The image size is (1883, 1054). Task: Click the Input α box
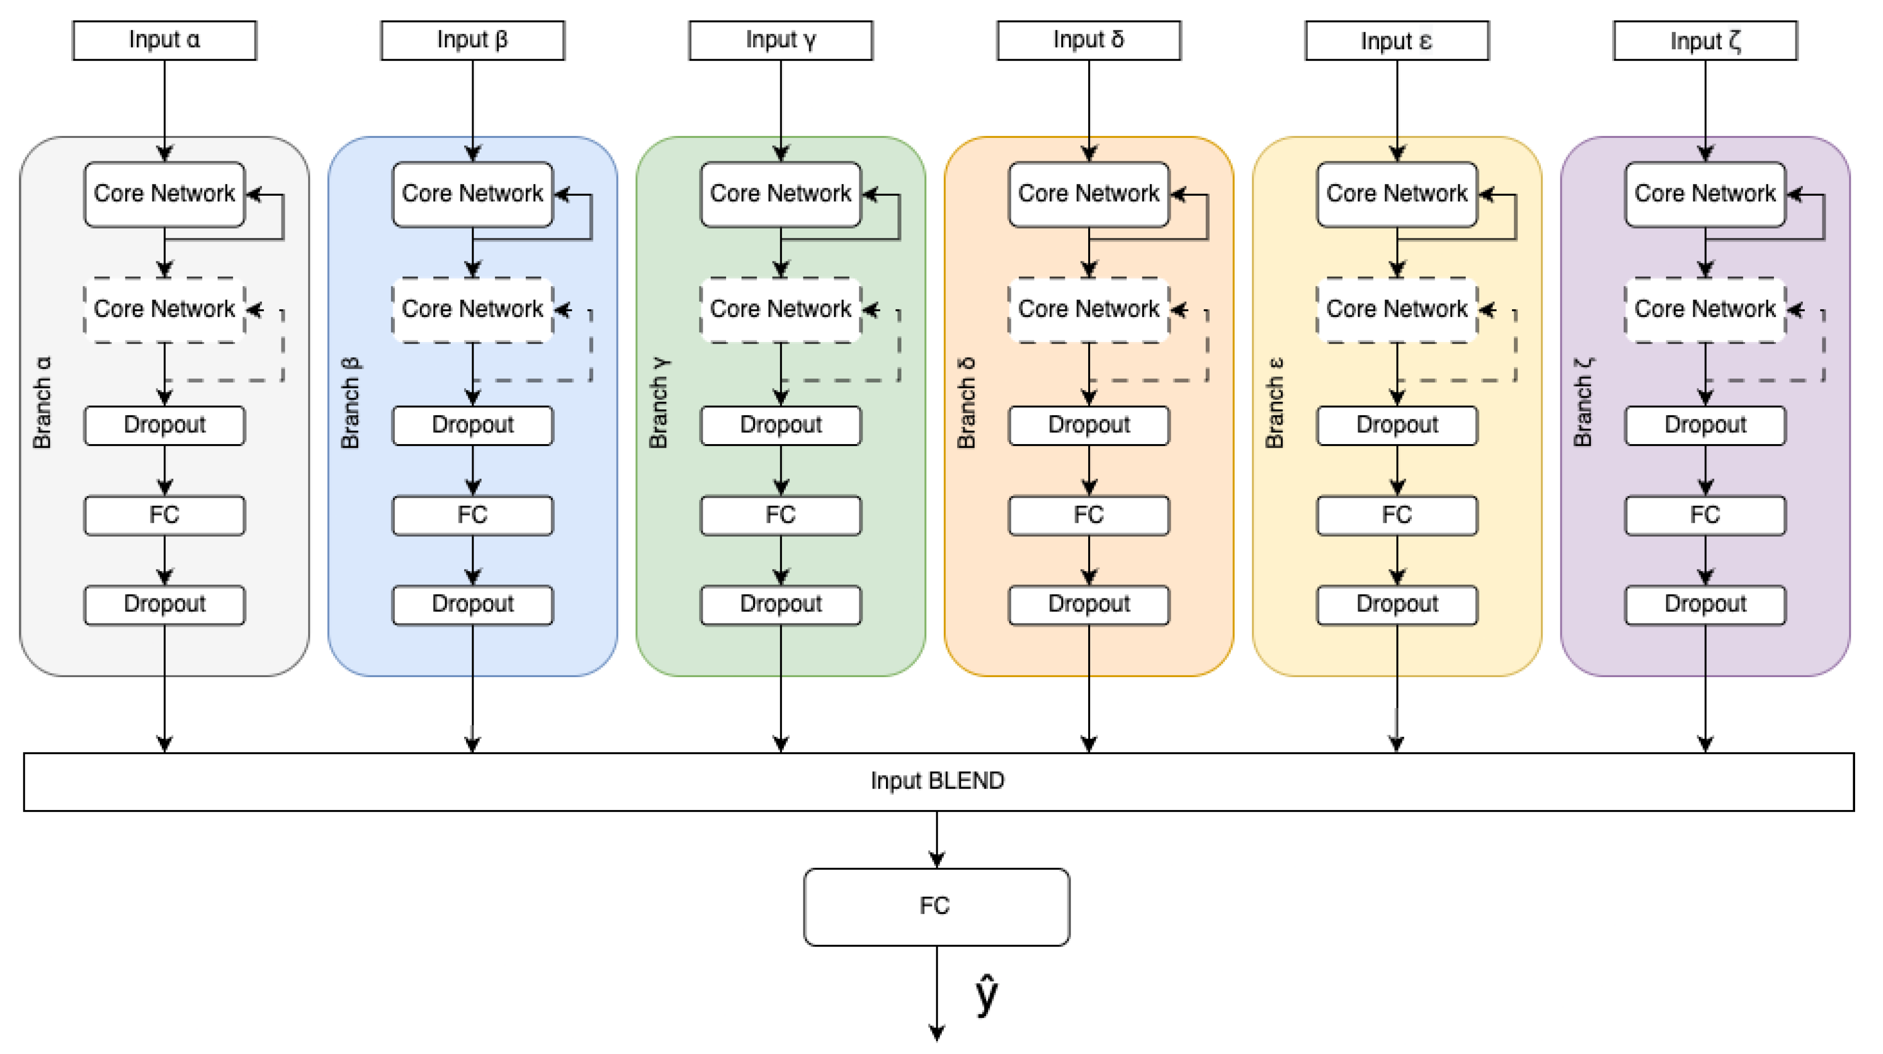(164, 40)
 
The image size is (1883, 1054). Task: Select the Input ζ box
(1705, 40)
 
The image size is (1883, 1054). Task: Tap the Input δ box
(1089, 40)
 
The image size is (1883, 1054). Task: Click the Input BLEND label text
(937, 781)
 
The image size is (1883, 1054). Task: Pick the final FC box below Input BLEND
(936, 906)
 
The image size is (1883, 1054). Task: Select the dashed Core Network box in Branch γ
(781, 309)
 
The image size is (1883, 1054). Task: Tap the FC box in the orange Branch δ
(1089, 515)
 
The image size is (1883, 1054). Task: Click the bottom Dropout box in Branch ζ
(1705, 604)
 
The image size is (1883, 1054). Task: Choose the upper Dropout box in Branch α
(164, 425)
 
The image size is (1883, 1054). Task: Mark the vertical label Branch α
(42, 402)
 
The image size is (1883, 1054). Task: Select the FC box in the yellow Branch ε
(1397, 515)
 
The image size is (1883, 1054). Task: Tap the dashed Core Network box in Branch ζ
(1705, 309)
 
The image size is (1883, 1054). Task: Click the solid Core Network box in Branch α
(164, 194)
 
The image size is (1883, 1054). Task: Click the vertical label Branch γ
(658, 402)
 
